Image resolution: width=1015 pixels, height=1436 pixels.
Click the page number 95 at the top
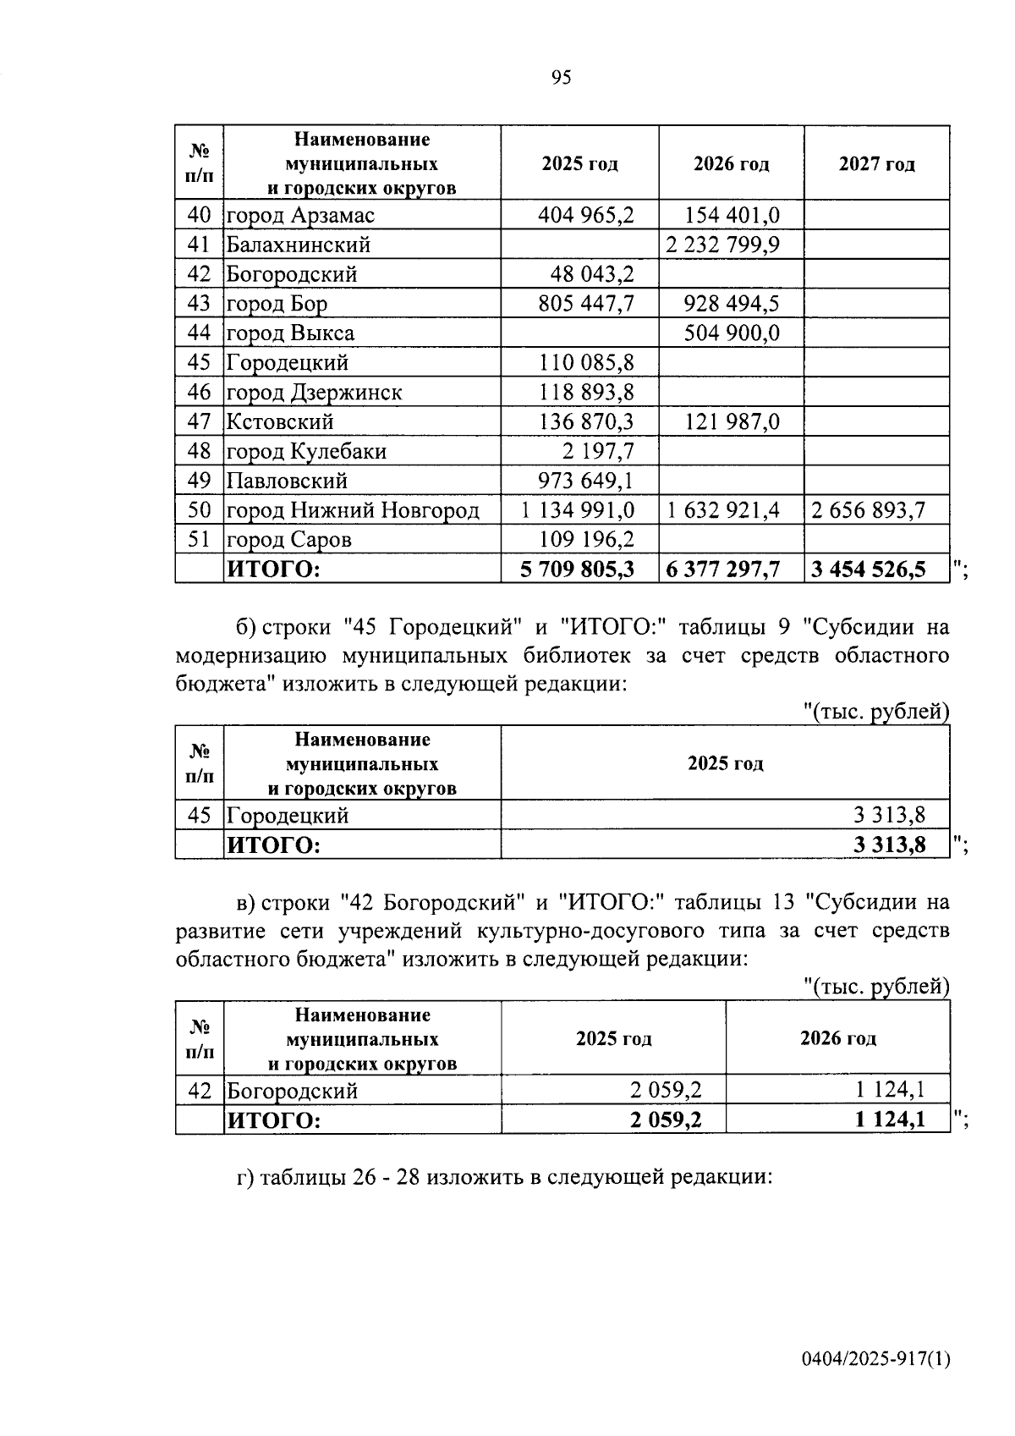point(561,78)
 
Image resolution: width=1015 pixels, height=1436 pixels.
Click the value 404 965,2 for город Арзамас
point(586,215)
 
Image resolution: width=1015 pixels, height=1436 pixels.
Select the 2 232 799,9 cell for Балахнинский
point(722,245)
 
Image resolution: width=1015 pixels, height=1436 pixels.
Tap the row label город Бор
point(277,304)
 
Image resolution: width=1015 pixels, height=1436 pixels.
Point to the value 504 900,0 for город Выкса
point(732,333)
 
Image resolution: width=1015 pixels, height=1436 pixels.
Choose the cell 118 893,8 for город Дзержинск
point(586,393)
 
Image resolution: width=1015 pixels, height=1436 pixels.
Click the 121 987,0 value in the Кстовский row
point(732,421)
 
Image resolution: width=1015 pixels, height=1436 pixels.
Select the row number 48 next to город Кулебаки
point(199,451)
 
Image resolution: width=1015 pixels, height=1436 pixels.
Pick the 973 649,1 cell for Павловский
point(586,481)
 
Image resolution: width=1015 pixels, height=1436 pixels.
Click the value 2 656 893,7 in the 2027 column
point(869,510)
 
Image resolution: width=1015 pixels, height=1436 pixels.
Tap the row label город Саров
point(288,540)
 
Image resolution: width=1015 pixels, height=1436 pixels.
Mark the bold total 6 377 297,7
point(722,569)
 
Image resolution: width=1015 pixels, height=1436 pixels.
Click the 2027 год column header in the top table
point(876,164)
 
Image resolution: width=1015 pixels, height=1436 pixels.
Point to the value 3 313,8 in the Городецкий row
point(889,816)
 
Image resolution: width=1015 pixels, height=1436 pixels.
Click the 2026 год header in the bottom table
point(837,1038)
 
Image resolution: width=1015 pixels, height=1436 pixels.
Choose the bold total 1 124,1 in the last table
point(890,1120)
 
